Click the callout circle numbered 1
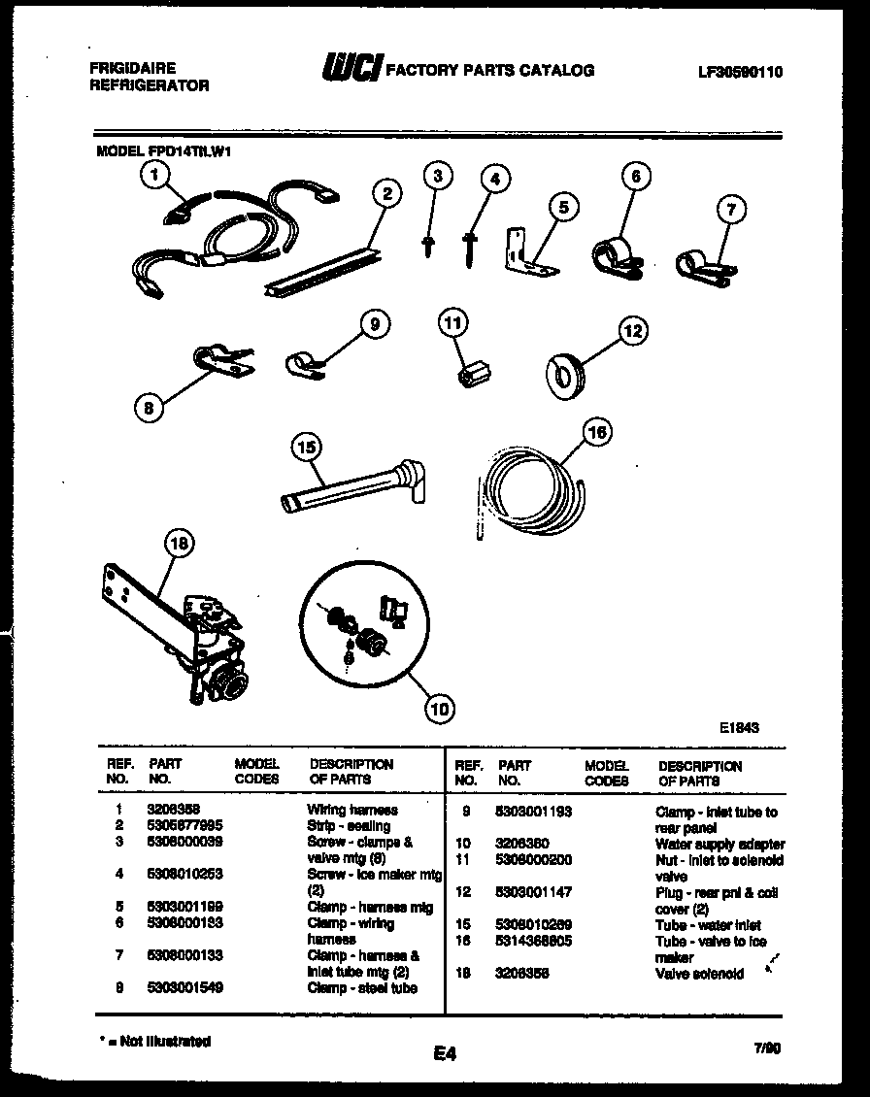click(x=153, y=175)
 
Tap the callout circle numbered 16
click(x=597, y=431)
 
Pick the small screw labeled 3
click(x=426, y=244)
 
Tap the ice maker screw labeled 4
click(x=471, y=247)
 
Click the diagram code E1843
click(x=739, y=726)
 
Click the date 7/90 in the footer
click(x=766, y=1047)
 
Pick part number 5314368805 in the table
click(x=533, y=942)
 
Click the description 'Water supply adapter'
click(x=719, y=845)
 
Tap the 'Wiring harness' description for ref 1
click(x=352, y=810)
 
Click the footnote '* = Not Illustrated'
click(x=155, y=1041)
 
